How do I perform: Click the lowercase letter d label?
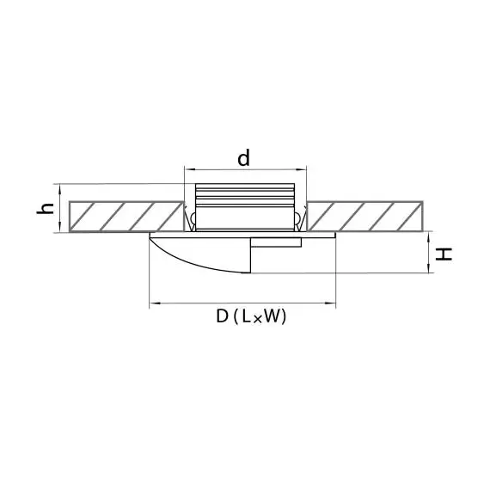244,158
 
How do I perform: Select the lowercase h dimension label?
46,208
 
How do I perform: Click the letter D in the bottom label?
223,316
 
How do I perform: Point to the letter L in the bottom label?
246,316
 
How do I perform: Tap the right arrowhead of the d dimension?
301,169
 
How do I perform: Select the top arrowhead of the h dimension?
59,189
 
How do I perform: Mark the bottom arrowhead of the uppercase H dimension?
429,268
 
